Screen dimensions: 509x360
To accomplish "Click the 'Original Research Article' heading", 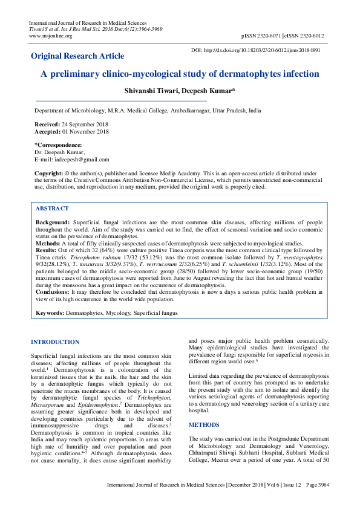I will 77,56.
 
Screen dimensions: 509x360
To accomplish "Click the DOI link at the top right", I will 255,50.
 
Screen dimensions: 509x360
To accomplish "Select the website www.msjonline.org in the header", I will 51,36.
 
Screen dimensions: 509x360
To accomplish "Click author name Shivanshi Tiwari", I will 151,91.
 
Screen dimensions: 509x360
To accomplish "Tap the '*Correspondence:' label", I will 58,145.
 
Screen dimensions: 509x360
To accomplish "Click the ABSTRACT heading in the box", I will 52,208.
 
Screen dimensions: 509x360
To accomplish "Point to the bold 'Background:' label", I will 53,222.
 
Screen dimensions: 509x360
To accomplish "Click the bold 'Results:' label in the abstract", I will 47,250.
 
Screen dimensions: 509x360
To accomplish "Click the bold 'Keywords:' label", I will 50,313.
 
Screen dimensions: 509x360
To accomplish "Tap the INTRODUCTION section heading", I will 55,342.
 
